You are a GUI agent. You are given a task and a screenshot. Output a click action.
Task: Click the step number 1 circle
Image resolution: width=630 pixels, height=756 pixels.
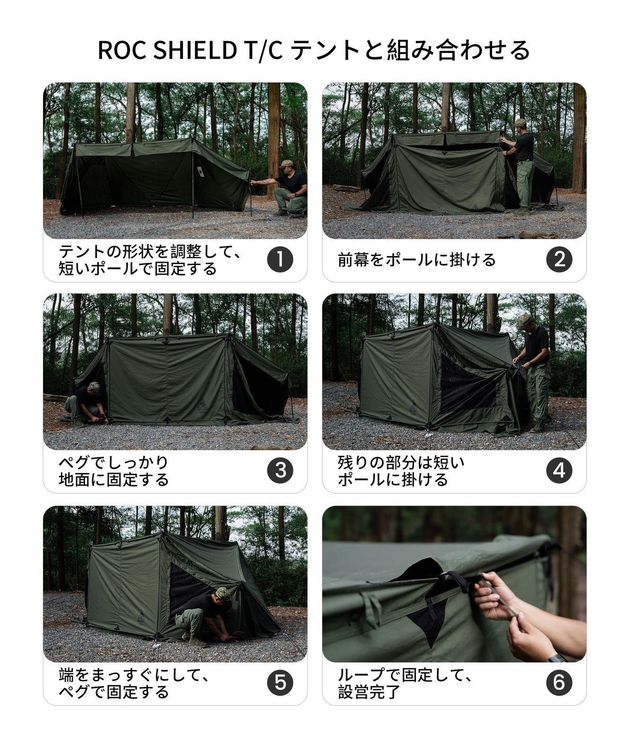[x=280, y=259]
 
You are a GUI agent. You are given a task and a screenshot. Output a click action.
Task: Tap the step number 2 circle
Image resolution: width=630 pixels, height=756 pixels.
[x=559, y=259]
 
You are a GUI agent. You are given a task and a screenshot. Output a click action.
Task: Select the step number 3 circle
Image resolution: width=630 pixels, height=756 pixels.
[x=280, y=471]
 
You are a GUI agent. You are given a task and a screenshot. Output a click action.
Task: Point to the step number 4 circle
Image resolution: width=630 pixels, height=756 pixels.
[x=559, y=471]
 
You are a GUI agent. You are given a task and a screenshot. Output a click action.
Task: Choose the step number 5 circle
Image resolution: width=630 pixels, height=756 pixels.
[x=280, y=683]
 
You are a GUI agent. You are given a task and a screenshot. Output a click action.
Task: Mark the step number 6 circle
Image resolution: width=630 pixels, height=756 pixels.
[x=559, y=683]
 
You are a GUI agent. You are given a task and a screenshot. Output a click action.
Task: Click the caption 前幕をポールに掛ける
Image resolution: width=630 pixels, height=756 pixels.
[x=416, y=260]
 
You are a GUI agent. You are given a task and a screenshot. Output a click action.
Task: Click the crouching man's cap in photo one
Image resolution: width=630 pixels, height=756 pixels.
[x=285, y=164]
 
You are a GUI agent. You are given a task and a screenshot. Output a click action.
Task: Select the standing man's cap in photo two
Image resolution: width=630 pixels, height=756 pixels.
[x=520, y=122]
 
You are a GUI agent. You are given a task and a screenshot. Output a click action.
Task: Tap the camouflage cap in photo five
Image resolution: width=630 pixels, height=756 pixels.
[x=223, y=593]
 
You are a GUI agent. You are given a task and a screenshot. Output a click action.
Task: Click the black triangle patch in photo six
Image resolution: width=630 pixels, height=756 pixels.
[x=428, y=624]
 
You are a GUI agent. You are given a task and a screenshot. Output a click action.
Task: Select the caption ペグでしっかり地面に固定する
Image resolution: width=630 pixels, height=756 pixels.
[x=113, y=471]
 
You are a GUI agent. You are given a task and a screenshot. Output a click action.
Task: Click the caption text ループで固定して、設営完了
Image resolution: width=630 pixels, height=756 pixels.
[x=404, y=683]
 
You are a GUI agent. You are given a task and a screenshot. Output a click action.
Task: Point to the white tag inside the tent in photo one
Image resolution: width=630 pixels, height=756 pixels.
[x=200, y=172]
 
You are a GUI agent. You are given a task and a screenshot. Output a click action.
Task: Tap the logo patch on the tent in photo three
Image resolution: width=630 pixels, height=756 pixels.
[x=202, y=405]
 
